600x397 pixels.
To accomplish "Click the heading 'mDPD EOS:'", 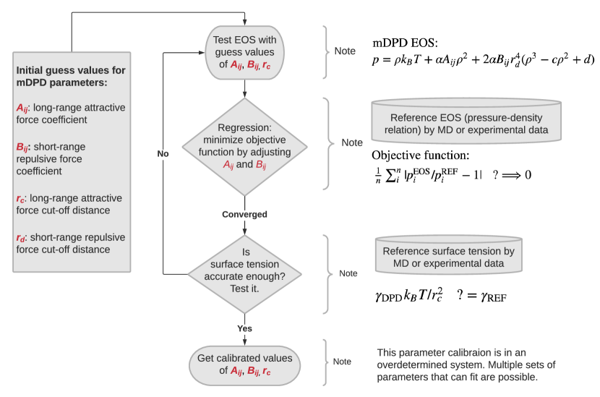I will pos(406,43).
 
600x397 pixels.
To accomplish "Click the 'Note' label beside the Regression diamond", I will pos(352,143).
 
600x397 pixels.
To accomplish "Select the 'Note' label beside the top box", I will pos(344,51).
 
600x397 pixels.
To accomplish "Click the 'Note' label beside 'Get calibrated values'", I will pos(342,362).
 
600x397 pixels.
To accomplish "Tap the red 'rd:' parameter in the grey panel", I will pos(22,237).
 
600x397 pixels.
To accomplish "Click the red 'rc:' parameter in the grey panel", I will pos(22,197).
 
